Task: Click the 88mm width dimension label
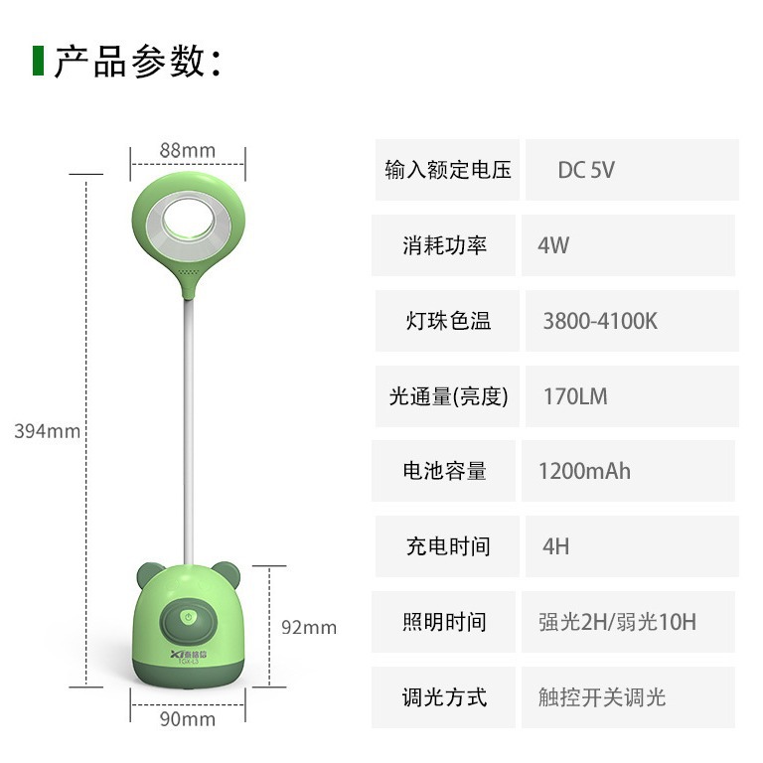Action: coord(187,151)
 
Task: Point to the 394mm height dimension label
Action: coord(47,431)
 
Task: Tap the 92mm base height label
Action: coord(309,627)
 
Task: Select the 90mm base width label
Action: coord(188,719)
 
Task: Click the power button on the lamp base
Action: coord(189,617)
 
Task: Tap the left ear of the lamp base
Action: coord(146,574)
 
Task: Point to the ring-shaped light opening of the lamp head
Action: coord(189,216)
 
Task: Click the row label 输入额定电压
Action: coord(448,170)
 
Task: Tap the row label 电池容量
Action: coord(445,471)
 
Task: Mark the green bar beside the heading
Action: coord(38,61)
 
